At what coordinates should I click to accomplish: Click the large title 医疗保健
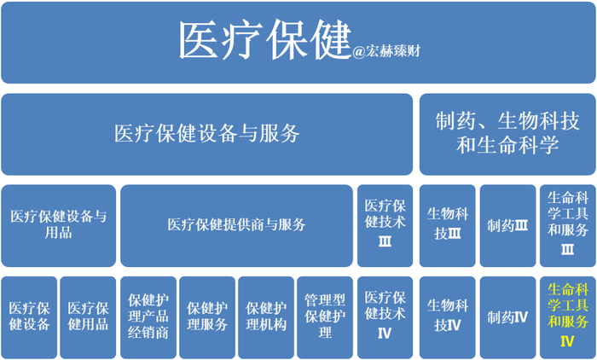pos(264,40)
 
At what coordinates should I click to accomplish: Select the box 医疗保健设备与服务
pos(207,134)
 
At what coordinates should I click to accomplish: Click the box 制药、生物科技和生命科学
pos(507,134)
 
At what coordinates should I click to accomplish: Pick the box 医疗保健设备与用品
pos(59,225)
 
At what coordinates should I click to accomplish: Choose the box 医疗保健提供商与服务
pos(236,225)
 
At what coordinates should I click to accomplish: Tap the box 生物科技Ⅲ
pos(446,225)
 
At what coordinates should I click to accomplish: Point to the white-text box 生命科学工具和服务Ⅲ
pos(566,225)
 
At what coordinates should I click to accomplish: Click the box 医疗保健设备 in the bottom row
pos(30,316)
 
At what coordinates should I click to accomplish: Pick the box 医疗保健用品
pos(88,316)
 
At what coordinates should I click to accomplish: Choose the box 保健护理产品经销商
pos(148,316)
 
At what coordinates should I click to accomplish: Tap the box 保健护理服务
pos(207,316)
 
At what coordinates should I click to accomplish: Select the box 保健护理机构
pos(266,316)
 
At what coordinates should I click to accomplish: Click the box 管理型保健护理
pos(325,316)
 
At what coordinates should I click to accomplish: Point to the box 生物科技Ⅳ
pos(446,316)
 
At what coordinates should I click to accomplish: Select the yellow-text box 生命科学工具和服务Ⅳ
pos(566,316)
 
